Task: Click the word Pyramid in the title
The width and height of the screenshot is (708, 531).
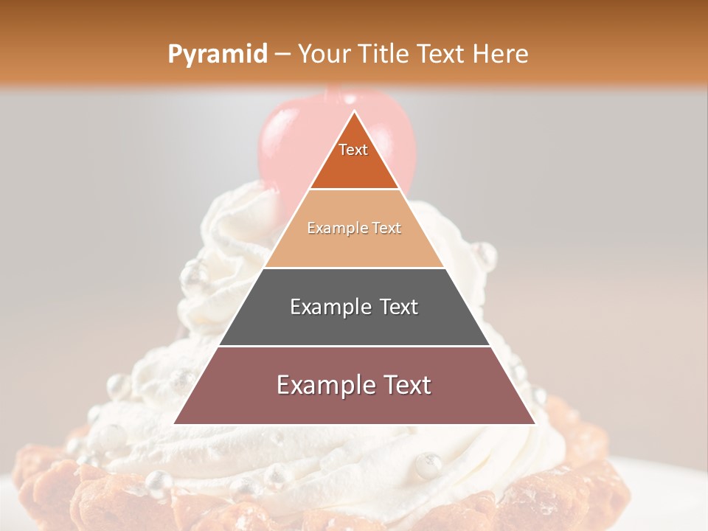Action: coord(218,54)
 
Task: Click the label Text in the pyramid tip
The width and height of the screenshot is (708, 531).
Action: coord(353,150)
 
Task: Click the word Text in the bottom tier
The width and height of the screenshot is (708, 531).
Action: coord(404,385)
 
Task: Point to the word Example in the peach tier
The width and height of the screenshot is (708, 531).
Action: coord(336,229)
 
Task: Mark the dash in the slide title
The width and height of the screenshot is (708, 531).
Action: coord(281,55)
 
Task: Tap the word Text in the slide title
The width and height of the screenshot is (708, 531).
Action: coord(445,54)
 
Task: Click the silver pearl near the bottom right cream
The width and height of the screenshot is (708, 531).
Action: coord(428,465)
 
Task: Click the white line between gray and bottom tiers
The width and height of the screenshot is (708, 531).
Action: coord(354,346)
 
